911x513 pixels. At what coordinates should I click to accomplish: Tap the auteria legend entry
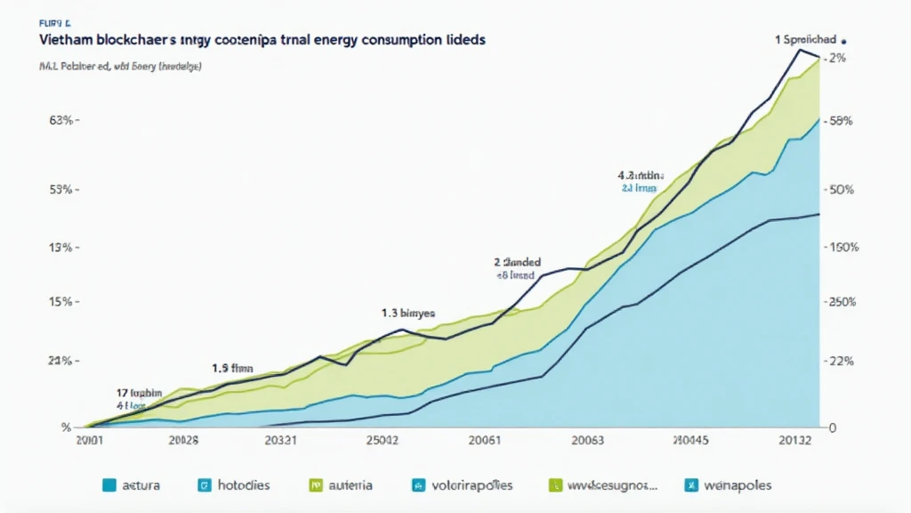pos(342,485)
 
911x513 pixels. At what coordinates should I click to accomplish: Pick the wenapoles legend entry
pos(727,485)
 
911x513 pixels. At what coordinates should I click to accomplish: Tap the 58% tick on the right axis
pos(842,119)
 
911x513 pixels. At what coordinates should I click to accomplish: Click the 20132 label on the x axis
pos(793,439)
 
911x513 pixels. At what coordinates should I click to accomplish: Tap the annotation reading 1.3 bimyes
pos(408,313)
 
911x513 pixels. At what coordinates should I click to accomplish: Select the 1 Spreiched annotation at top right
pos(806,40)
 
